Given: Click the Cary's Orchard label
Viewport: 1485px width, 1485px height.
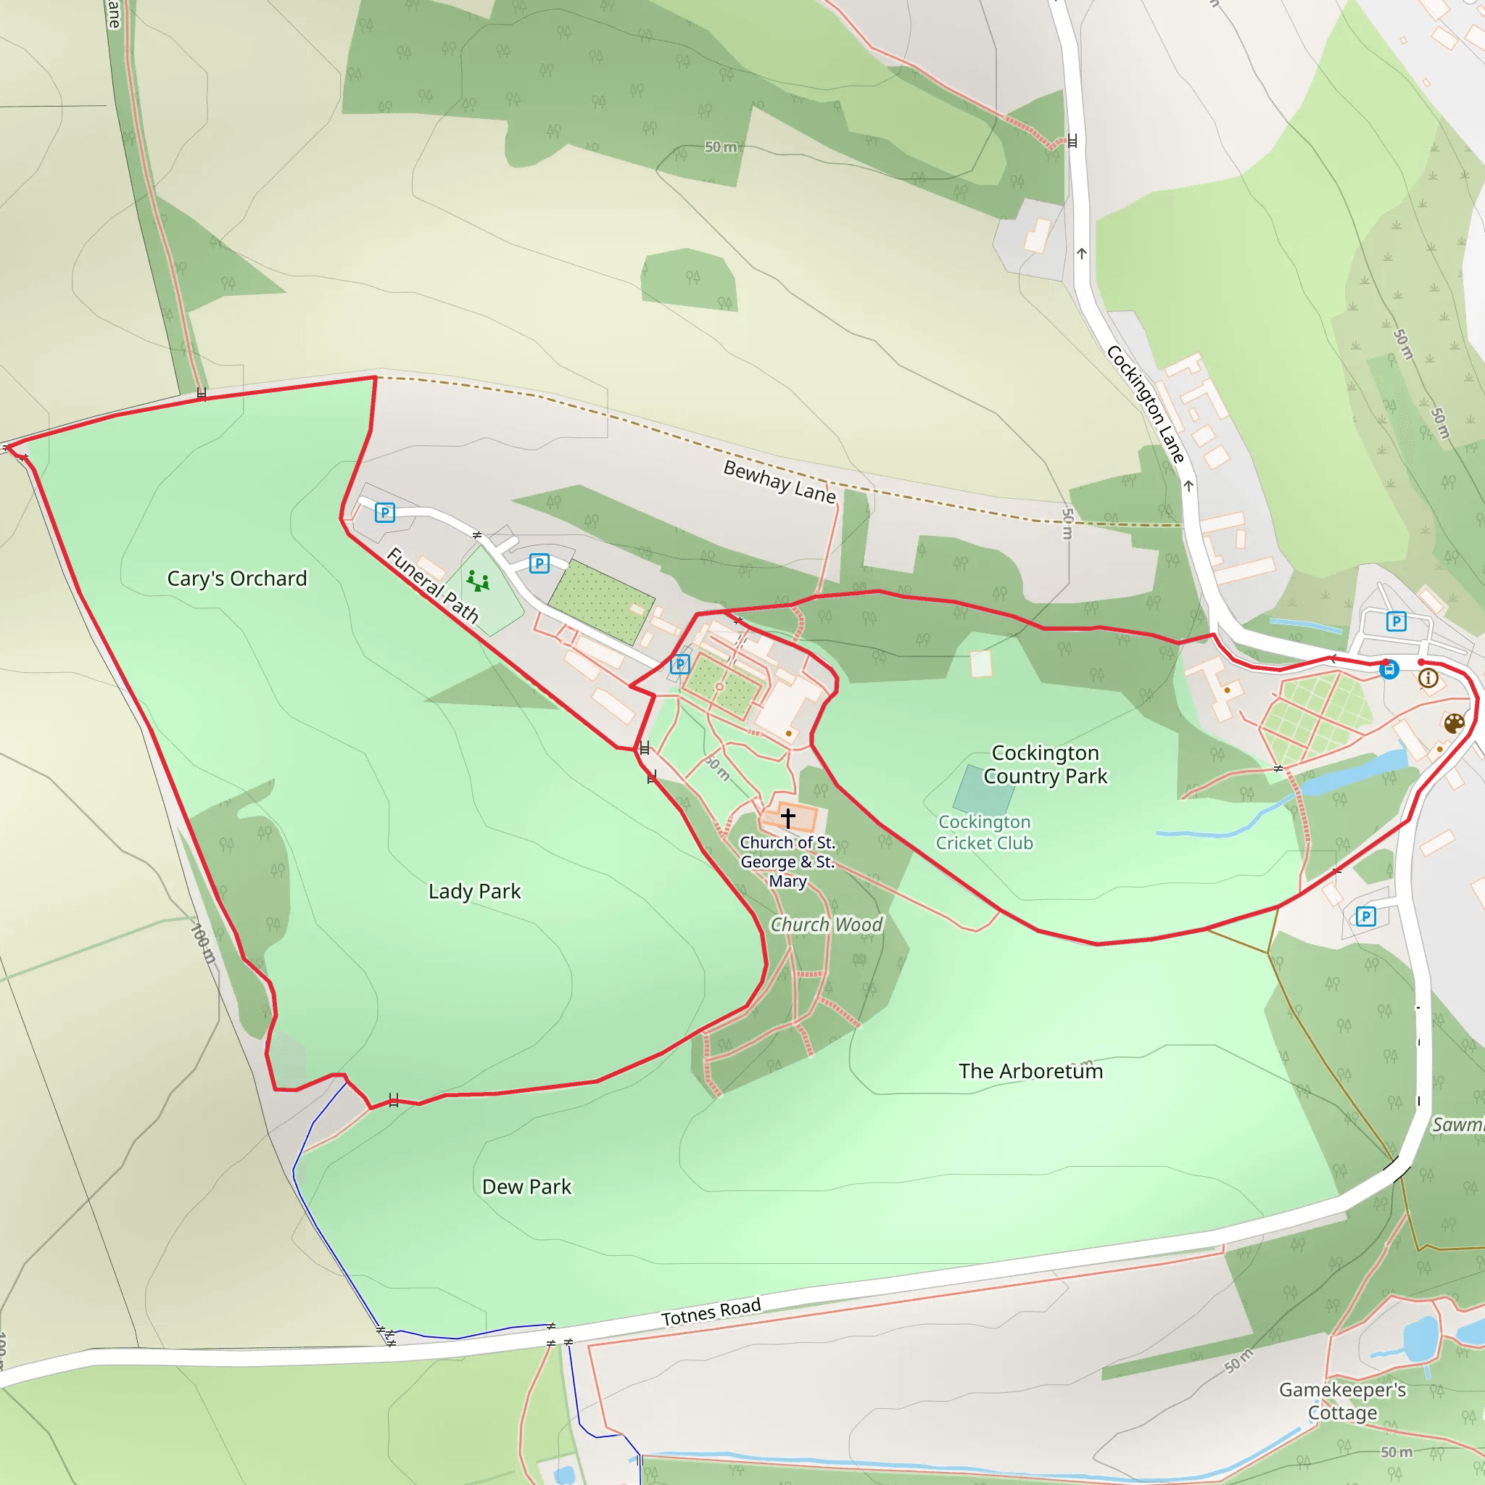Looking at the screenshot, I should pyautogui.click(x=236, y=578).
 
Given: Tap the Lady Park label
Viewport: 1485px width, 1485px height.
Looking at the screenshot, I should pyautogui.click(x=474, y=891).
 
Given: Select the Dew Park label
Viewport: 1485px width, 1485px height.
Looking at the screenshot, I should pyautogui.click(x=526, y=1187).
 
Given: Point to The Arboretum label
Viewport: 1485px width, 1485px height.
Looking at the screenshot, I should pyautogui.click(x=1030, y=1071).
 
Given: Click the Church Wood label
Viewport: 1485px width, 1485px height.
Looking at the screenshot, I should pyautogui.click(x=827, y=924).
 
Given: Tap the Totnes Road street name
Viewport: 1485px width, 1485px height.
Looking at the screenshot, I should pyautogui.click(x=711, y=1312).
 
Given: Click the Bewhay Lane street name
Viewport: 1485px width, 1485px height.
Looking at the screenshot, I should pyautogui.click(x=779, y=481).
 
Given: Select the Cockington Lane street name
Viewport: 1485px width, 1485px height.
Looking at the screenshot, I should pyautogui.click(x=1145, y=405).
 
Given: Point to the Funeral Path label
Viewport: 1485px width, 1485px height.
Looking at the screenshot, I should pyautogui.click(x=433, y=585).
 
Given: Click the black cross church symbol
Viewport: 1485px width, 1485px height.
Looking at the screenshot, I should pyautogui.click(x=788, y=816).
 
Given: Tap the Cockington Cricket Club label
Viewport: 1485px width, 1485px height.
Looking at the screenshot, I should pyautogui.click(x=984, y=832).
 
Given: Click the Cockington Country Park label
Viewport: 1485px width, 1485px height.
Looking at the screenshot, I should pyautogui.click(x=1046, y=764).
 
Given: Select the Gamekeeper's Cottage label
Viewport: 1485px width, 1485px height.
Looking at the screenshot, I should pyautogui.click(x=1342, y=1401).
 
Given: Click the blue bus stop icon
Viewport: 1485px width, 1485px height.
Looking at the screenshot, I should pyautogui.click(x=1388, y=669).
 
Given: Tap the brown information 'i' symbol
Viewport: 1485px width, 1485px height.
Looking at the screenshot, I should pyautogui.click(x=1428, y=678).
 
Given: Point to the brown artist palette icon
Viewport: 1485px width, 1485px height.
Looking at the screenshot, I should pyautogui.click(x=1454, y=723).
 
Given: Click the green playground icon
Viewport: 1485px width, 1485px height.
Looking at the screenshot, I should pyautogui.click(x=478, y=581).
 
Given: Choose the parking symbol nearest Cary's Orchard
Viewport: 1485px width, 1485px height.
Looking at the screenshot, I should pyautogui.click(x=385, y=513).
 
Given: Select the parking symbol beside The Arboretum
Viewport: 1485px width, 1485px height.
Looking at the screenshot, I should pyautogui.click(x=1366, y=917).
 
